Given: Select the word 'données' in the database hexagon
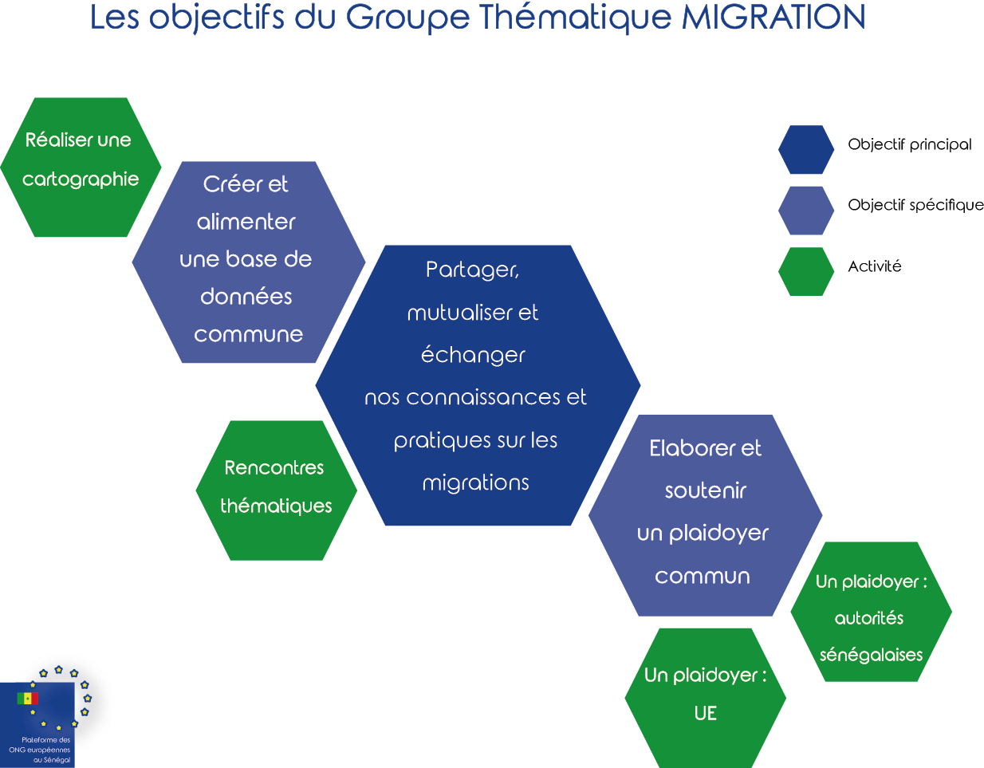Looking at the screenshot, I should click(246, 297).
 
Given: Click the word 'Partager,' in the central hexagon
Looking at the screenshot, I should click(472, 270).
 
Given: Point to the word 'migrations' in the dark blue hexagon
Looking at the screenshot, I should click(475, 483).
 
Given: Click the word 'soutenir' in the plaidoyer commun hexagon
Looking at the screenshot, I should click(705, 490).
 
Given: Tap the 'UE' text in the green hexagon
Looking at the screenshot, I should click(705, 713).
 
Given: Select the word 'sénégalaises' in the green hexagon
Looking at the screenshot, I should click(871, 656).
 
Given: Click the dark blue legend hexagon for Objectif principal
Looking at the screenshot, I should click(805, 150).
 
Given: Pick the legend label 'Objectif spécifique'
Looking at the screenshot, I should click(915, 206).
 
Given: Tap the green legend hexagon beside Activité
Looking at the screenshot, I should click(805, 272).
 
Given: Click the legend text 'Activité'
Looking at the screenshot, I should click(874, 266).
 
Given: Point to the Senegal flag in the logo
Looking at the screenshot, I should click(27, 699).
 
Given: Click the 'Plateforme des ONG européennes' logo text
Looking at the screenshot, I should click(40, 750).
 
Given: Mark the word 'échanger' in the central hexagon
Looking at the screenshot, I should click(473, 355).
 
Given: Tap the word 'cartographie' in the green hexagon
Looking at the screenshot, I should click(81, 179).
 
